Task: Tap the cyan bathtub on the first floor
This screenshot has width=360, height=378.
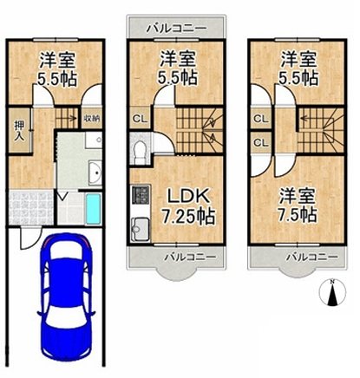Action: pyautogui.click(x=94, y=209)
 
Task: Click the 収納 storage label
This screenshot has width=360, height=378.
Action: pyautogui.click(x=91, y=118)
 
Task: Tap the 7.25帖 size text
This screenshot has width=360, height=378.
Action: pyautogui.click(x=187, y=215)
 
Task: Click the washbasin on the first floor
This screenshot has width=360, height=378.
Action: pyautogui.click(x=95, y=170)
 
